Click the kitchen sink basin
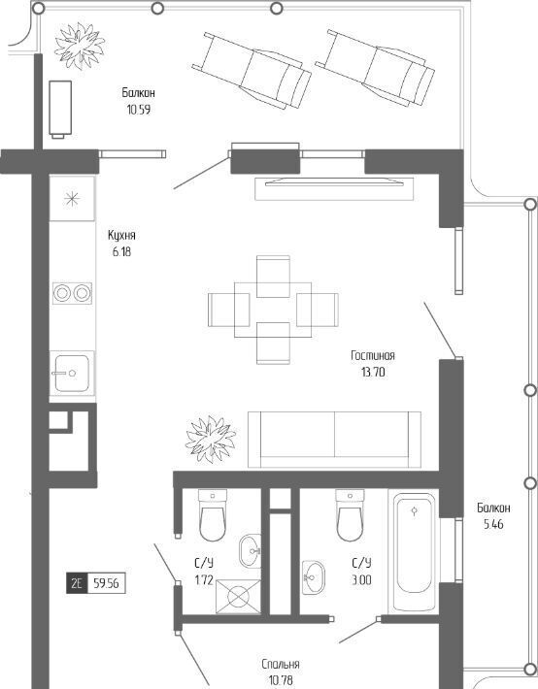pos(72,373)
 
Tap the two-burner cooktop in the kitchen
pos(73,293)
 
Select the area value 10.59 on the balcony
pos(139,110)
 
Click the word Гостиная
pos(373,355)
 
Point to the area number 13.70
pos(373,373)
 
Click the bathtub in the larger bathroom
pos(414,551)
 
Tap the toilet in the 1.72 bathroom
pos(213,514)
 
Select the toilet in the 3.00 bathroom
pos(350,515)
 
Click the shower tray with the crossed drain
pos(239,596)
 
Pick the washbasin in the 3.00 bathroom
pos(314,577)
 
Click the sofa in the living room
pos(334,440)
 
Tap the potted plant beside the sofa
pos(211,439)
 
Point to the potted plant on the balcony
pos(80,46)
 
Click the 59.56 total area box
pos(106,584)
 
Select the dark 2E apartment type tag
pos(77,584)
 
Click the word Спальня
pos(281,664)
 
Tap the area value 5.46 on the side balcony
pos(493,524)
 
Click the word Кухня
pos(121,235)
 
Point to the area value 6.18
pos(121,251)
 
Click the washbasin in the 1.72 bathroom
pos(251,549)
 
